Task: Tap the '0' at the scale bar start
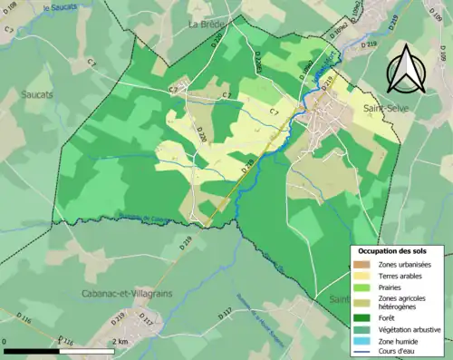pyautogui.click(x=6, y=341)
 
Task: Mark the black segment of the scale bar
pyautogui.click(x=33, y=350)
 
